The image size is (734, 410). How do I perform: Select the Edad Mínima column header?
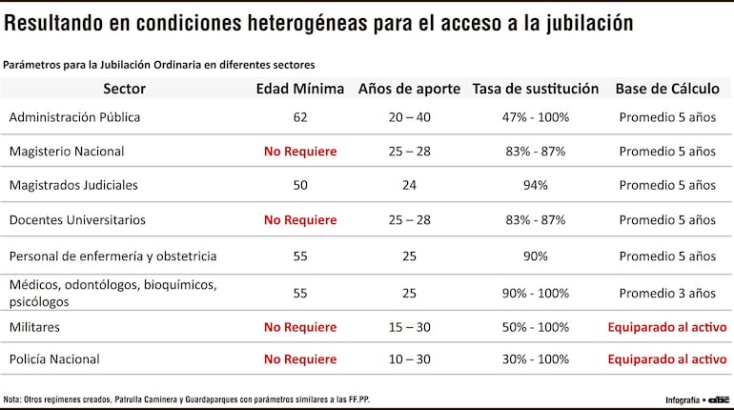[300, 89]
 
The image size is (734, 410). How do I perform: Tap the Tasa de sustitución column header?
[535, 89]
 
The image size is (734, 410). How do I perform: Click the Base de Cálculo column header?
[667, 89]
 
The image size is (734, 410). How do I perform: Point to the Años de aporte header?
[409, 89]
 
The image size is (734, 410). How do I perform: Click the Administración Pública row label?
[74, 117]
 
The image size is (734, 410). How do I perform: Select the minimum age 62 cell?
[300, 117]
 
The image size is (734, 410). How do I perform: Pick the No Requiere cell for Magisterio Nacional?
[300, 151]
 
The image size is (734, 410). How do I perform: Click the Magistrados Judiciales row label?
[73, 185]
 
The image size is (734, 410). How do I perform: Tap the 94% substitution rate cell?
[535, 185]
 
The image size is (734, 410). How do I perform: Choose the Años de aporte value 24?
[409, 185]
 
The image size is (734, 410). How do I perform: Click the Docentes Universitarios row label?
[77, 219]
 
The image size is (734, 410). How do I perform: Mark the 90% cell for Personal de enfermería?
[535, 256]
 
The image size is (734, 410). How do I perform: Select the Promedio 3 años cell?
[667, 293]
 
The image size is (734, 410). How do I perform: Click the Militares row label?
[34, 326]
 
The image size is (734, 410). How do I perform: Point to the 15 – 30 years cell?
[409, 326]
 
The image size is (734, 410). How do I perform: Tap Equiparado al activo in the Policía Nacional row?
[667, 359]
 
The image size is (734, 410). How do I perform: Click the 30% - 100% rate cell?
[535, 359]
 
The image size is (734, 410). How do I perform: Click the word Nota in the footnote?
[12, 399]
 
